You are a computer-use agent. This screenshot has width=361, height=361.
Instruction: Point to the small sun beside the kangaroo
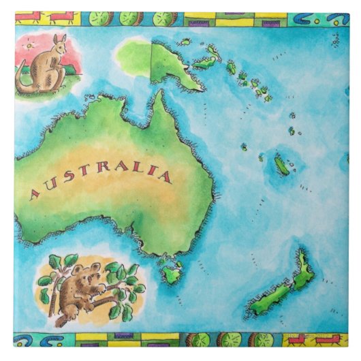pyautogui.click(x=29, y=46)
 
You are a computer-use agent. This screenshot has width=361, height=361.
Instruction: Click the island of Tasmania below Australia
pyautogui.click(x=170, y=274)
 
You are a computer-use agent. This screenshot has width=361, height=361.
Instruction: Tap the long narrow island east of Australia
pyautogui.click(x=281, y=165)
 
